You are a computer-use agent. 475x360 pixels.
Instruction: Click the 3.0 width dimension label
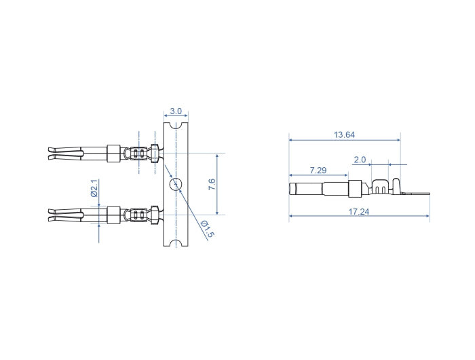click(176, 111)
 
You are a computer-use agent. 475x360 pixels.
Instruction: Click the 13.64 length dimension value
click(344, 134)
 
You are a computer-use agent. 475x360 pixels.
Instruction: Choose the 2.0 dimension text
click(360, 160)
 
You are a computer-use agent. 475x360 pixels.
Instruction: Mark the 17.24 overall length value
click(359, 212)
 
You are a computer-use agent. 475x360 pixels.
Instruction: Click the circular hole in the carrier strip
click(176, 184)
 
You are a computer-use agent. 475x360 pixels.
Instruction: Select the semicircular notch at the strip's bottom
click(176, 242)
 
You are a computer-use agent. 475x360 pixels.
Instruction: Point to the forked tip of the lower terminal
click(54, 215)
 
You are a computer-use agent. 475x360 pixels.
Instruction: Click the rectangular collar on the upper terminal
click(114, 153)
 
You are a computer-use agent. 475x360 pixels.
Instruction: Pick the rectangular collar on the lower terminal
click(114, 215)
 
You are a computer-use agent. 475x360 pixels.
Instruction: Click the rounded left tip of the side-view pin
click(292, 187)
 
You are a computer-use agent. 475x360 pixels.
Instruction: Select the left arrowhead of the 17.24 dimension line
click(292, 217)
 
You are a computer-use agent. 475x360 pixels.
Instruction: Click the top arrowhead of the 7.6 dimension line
click(217, 156)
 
